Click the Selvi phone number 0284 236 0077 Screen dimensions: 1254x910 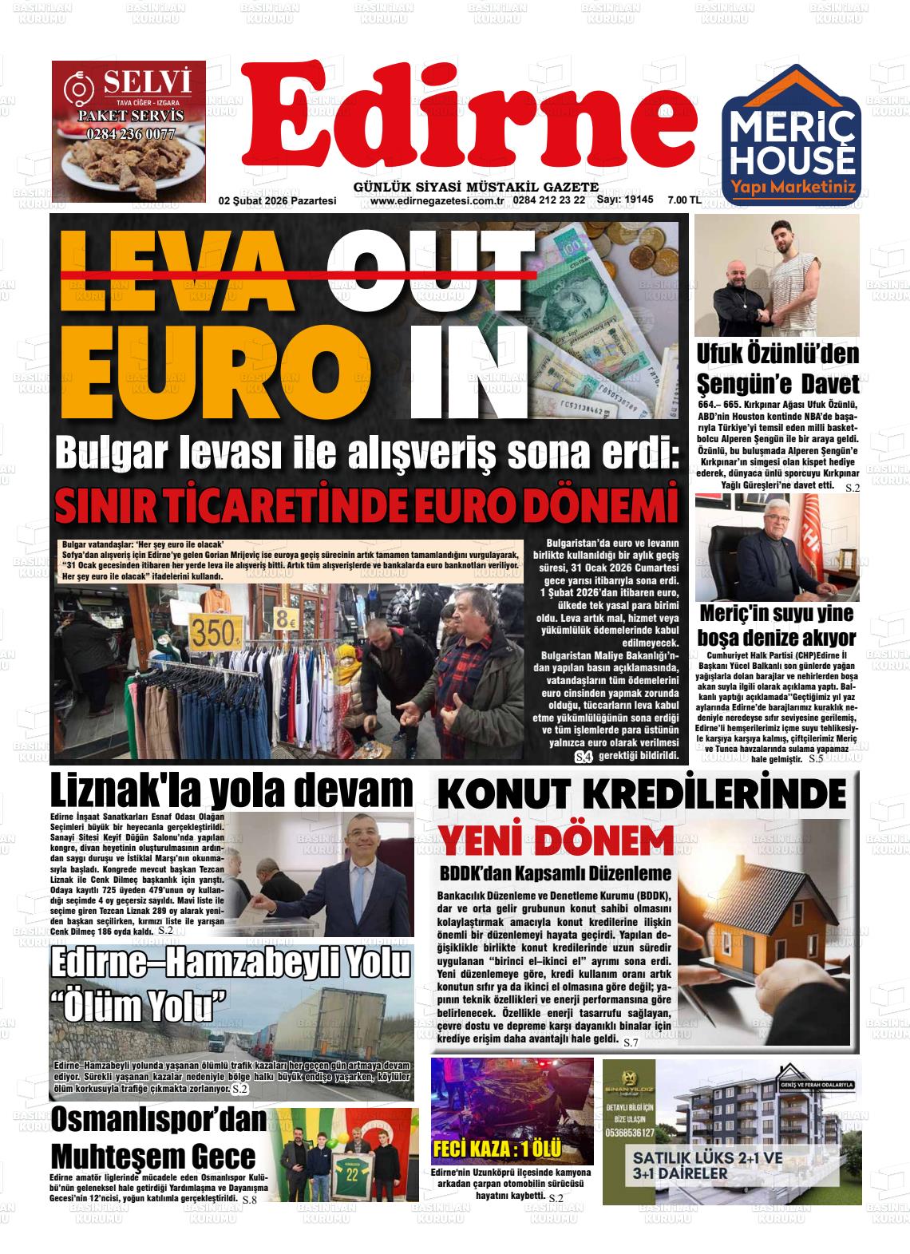click(x=130, y=134)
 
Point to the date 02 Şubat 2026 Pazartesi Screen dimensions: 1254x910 click(x=277, y=200)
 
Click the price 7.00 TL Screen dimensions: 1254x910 click(x=683, y=200)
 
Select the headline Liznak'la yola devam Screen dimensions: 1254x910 click(x=231, y=791)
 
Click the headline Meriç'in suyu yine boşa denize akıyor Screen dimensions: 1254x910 click(x=777, y=626)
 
